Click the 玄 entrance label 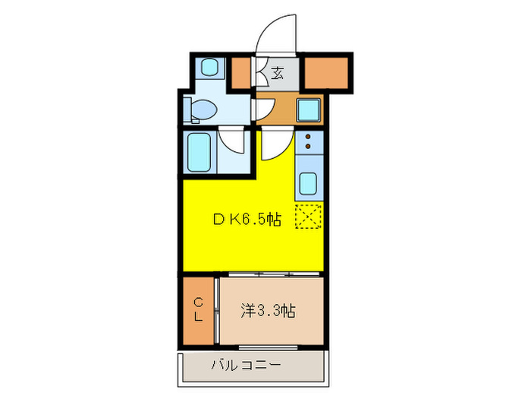click(x=278, y=74)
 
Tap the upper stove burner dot click(x=309, y=137)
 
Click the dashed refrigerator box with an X click(x=309, y=217)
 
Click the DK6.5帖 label click(x=247, y=220)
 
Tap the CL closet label click(x=197, y=310)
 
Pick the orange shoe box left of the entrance click(x=241, y=73)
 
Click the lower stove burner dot click(x=309, y=147)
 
